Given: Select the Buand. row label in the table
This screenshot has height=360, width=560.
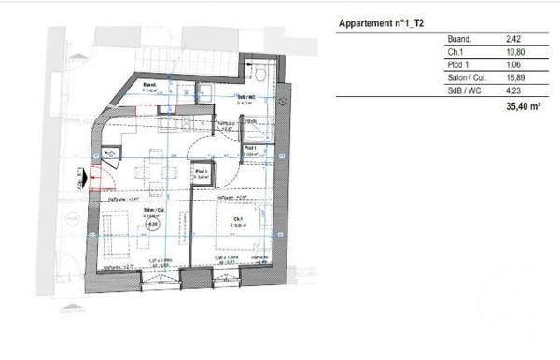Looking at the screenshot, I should tap(357, 40).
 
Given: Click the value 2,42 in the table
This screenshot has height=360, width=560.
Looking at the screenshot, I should tap(511, 40).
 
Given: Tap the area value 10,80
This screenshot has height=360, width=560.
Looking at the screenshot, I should tap(513, 53).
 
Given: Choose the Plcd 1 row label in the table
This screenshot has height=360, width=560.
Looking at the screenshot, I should tap(355, 66).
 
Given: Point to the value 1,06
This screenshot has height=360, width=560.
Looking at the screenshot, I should tap(511, 66).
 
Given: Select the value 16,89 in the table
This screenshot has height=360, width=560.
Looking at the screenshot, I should tap(513, 79).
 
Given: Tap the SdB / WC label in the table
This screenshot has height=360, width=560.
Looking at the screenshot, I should tap(360, 92).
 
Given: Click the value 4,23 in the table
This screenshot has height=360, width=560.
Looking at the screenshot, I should tap(511, 92).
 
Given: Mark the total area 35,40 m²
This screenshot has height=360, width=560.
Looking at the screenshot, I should tap(520, 108).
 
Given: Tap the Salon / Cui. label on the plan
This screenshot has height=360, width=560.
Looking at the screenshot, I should tap(149, 212).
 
